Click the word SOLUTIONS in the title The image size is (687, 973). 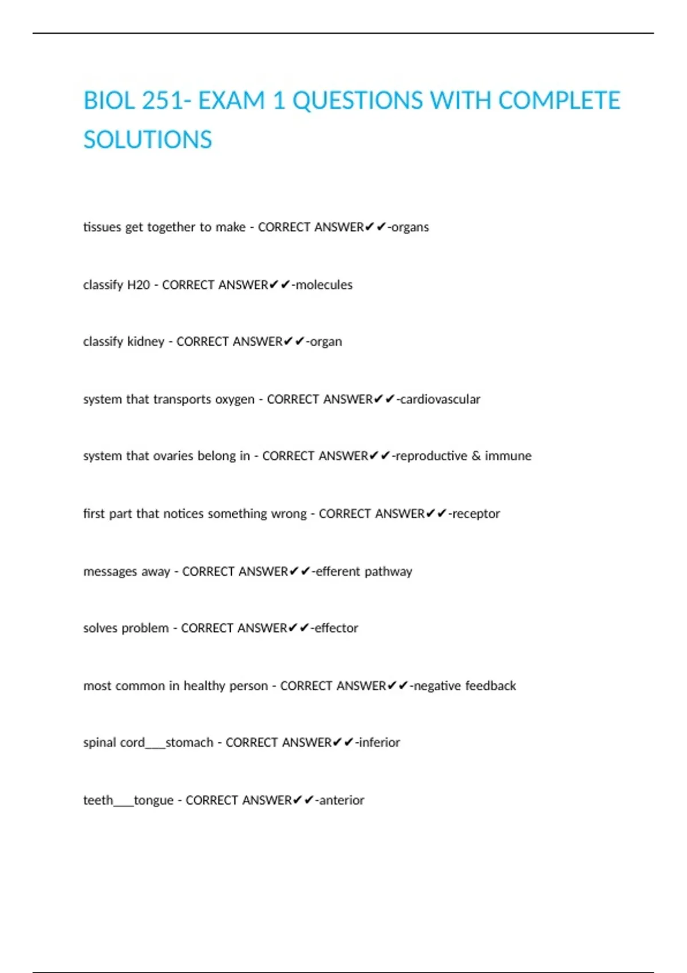(x=148, y=140)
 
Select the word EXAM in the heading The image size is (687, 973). (x=231, y=101)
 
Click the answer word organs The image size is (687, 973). (x=410, y=227)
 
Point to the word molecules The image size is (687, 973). (x=324, y=284)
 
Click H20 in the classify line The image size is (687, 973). (x=139, y=284)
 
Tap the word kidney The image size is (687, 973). (x=146, y=342)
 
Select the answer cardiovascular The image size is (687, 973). (x=440, y=399)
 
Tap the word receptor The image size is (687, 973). (x=476, y=513)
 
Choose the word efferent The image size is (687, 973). (x=338, y=571)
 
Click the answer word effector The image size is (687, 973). (x=337, y=628)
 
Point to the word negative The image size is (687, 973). (x=437, y=686)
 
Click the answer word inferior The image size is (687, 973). (x=379, y=742)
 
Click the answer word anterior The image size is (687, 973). (x=341, y=800)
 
